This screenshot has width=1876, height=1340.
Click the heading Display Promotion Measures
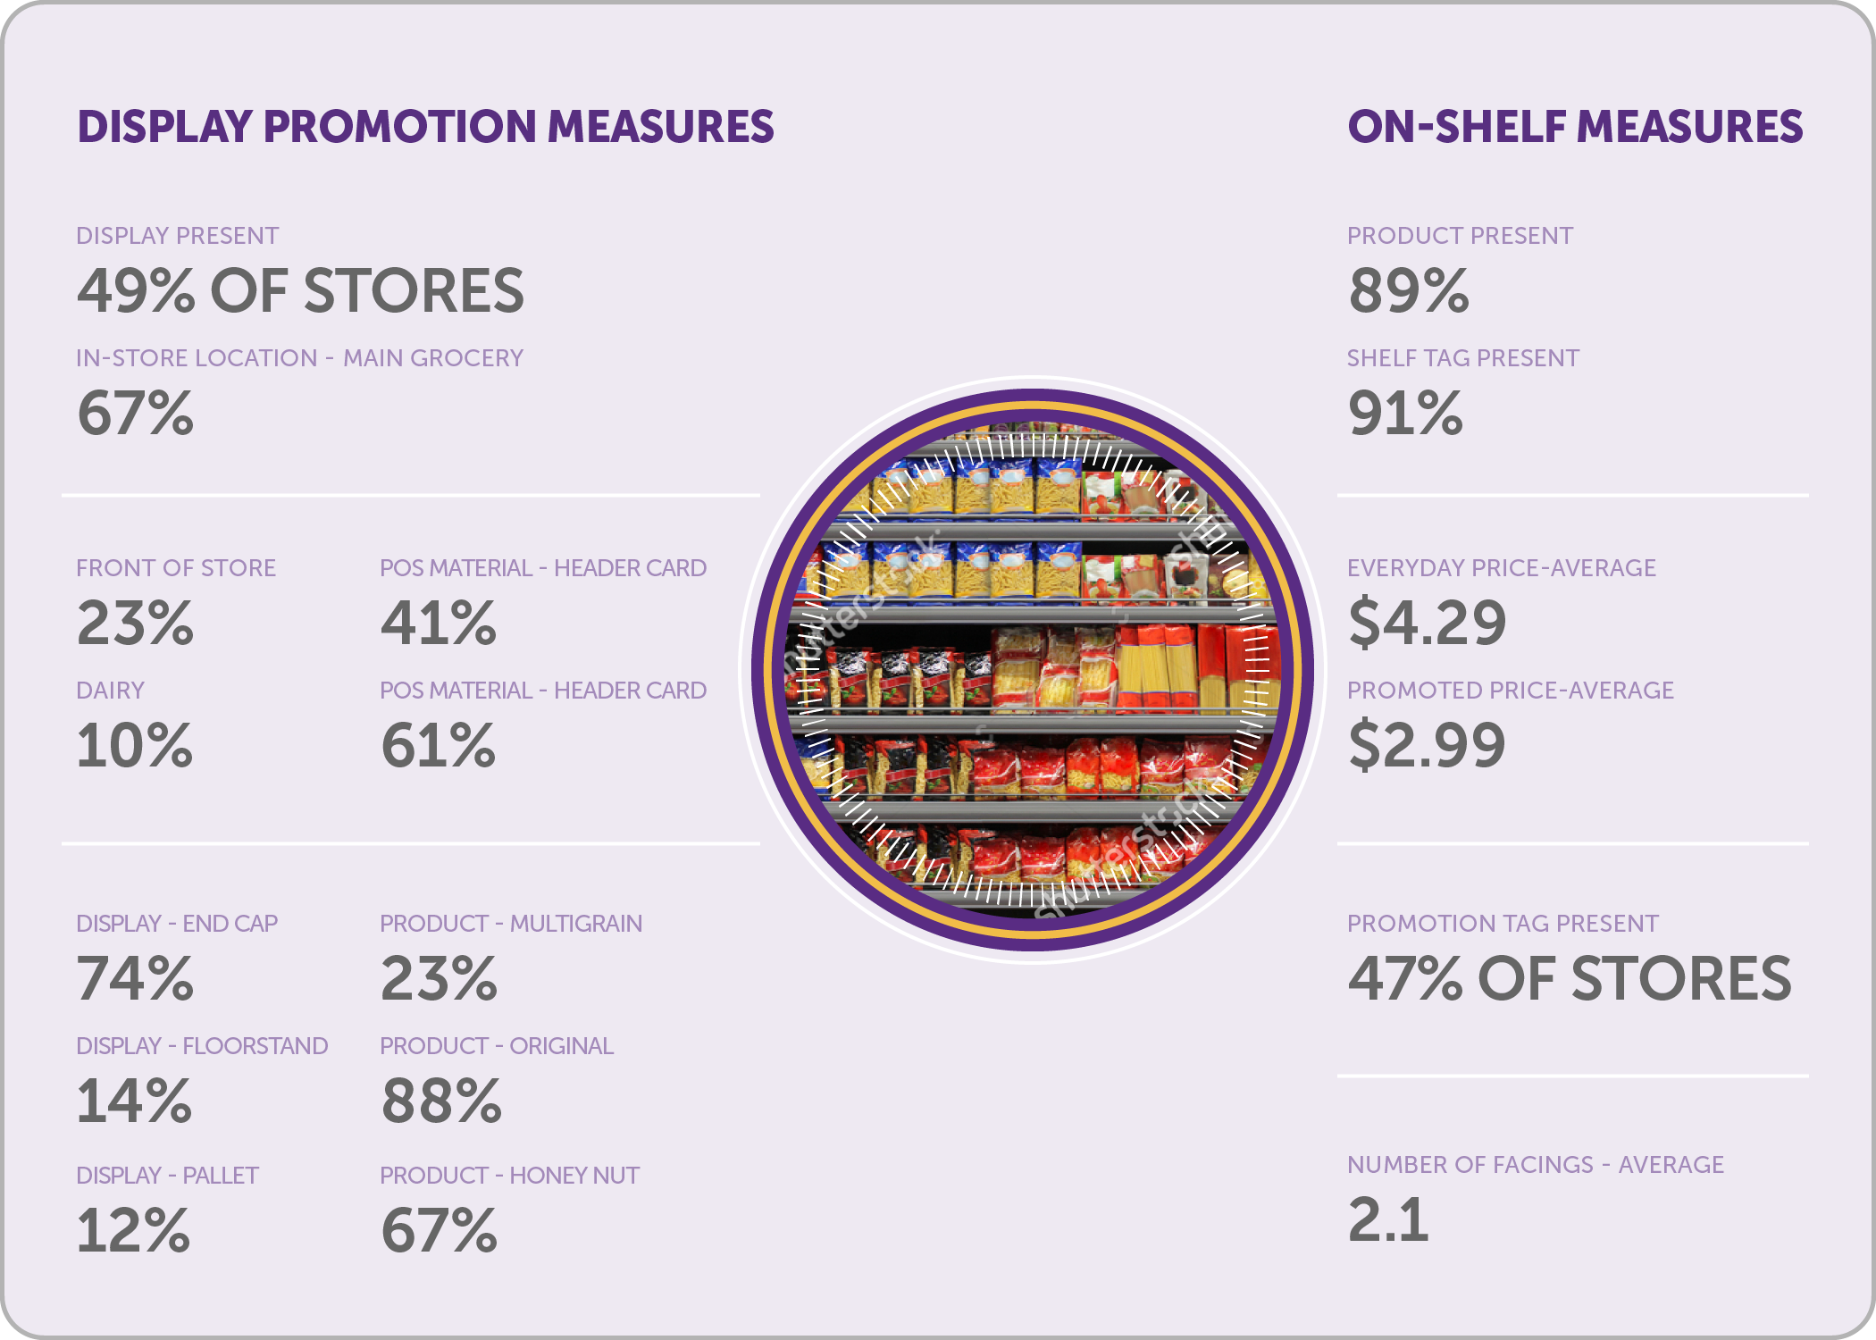click(425, 127)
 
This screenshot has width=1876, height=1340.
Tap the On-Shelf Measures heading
click(1575, 127)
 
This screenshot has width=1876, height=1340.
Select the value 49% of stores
click(300, 291)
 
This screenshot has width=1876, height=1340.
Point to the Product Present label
click(1460, 236)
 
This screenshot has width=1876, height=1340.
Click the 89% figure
click(1408, 291)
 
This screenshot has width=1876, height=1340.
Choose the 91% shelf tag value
click(1405, 414)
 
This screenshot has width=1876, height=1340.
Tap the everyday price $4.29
click(1427, 623)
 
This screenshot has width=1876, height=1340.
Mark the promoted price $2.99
click(1427, 745)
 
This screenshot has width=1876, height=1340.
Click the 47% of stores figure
click(1570, 979)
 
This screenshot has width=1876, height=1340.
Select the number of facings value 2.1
click(1387, 1220)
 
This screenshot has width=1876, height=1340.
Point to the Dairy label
click(110, 691)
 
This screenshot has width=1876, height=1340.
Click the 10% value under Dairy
click(134, 745)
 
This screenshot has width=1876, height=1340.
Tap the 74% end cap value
click(135, 979)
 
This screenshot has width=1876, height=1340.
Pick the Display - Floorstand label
click(202, 1046)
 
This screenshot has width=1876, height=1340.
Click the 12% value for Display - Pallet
click(133, 1231)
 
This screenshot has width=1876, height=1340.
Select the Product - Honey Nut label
click(509, 1176)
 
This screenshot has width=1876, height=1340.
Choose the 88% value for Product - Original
click(441, 1101)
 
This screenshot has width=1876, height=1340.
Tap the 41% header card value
click(438, 623)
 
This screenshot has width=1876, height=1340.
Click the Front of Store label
click(176, 568)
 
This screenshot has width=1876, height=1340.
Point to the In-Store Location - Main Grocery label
click(299, 358)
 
